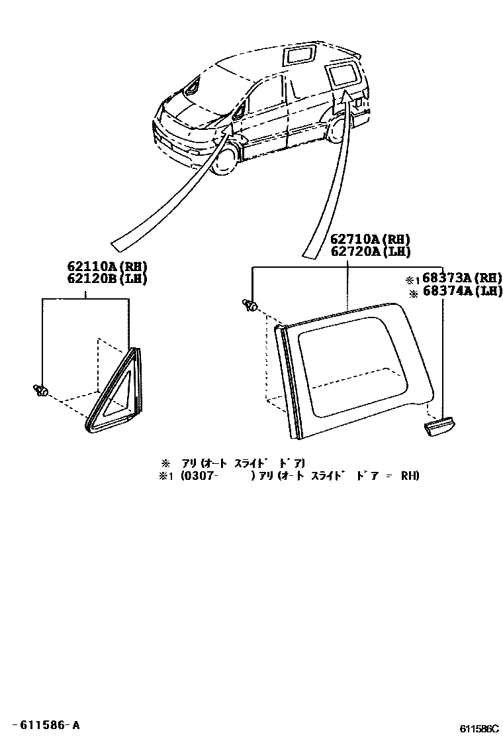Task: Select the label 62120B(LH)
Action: (x=107, y=278)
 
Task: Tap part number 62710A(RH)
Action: (x=370, y=239)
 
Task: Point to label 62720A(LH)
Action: (x=370, y=251)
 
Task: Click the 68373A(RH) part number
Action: (x=463, y=278)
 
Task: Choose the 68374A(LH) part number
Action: (x=463, y=290)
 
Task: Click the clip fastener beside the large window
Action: (x=250, y=305)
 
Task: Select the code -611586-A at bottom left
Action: (x=46, y=725)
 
